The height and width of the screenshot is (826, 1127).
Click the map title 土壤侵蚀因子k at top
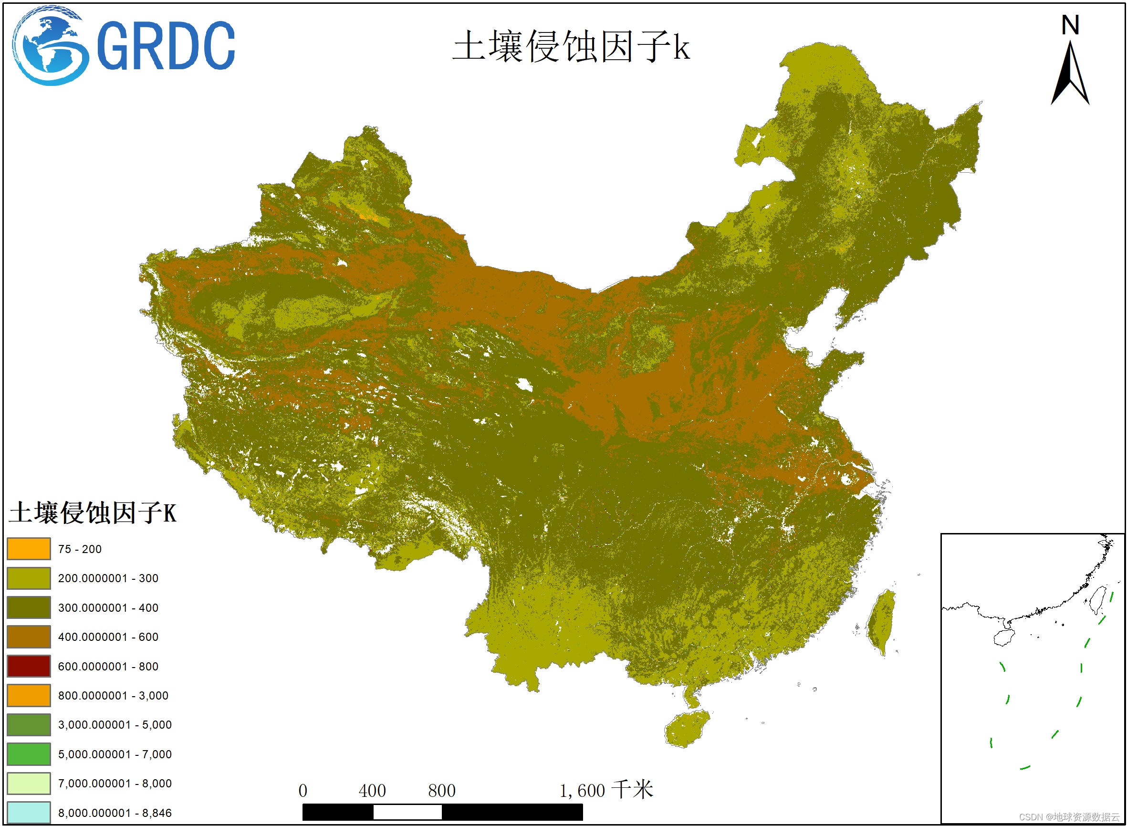tap(571, 46)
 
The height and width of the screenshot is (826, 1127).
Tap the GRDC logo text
tap(166, 46)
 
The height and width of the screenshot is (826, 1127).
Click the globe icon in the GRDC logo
tap(50, 46)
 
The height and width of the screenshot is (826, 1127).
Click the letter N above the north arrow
tap(1070, 25)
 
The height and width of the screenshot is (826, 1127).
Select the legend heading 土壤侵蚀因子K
tap(93, 513)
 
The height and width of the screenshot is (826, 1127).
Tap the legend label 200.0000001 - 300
tap(108, 578)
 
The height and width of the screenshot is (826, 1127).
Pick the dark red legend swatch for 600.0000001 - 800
tap(29, 666)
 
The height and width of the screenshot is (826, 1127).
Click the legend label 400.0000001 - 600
tap(108, 637)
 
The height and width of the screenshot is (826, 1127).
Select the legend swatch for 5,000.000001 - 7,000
tap(29, 754)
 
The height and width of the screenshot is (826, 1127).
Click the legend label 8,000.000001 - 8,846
tap(115, 813)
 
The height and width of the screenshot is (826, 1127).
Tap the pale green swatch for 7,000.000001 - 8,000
tap(29, 784)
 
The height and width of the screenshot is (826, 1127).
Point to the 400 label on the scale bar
tap(372, 791)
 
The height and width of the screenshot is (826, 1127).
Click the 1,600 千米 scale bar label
tap(606, 791)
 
